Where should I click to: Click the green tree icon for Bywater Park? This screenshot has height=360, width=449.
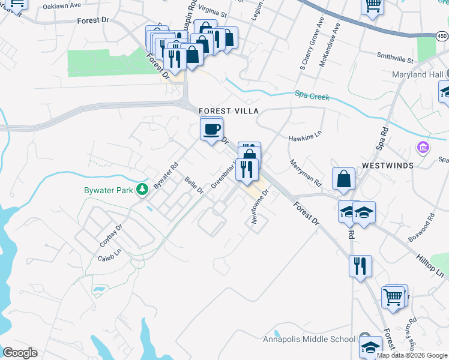(x=142, y=190)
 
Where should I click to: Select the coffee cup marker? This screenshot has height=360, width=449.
(x=211, y=129)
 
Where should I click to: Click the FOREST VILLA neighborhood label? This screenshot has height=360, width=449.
(x=229, y=111)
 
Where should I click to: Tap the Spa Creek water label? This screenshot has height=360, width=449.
(x=312, y=95)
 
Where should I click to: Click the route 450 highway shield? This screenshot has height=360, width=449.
(x=442, y=37)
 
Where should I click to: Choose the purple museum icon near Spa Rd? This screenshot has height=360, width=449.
(x=423, y=147)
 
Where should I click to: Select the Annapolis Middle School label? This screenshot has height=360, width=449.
(x=309, y=339)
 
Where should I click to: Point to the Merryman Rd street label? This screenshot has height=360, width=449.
(x=306, y=173)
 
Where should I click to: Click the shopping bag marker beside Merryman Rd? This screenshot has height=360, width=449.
(x=343, y=179)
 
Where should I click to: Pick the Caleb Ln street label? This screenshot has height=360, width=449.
(x=109, y=257)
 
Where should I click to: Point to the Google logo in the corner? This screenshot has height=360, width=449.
(x=20, y=353)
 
